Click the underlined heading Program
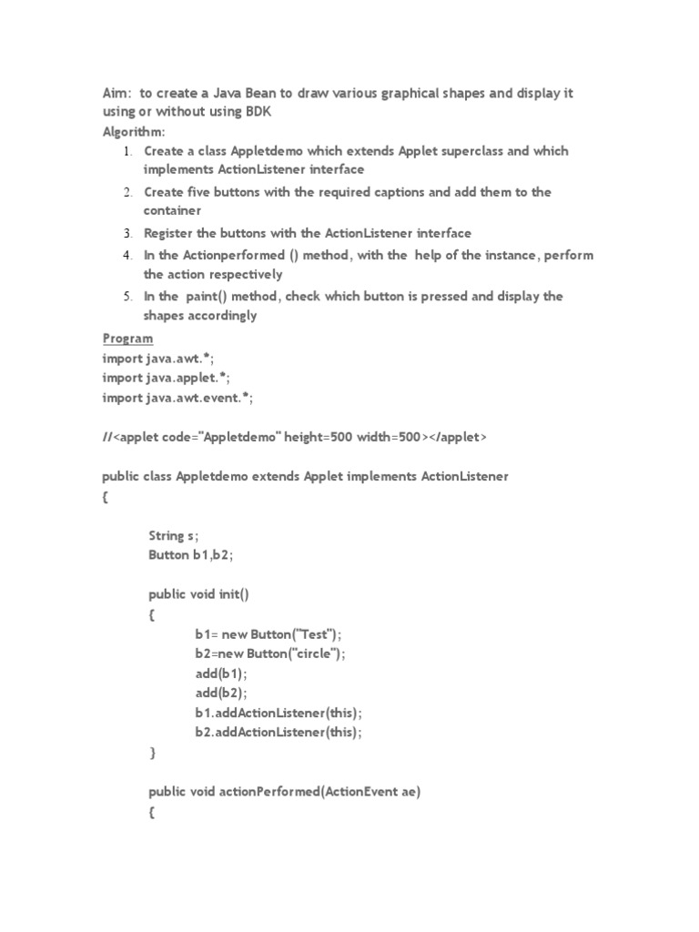click(x=127, y=339)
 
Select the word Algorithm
click(x=133, y=131)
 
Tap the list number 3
click(x=129, y=233)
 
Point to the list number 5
click(x=129, y=297)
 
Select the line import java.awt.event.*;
click(x=177, y=398)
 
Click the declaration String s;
click(x=174, y=535)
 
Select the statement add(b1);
click(x=220, y=674)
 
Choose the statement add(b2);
click(x=220, y=693)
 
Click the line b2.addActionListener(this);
click(x=278, y=732)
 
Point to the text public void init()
click(x=199, y=594)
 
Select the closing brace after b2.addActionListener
click(x=152, y=753)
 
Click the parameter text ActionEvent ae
click(x=373, y=792)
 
